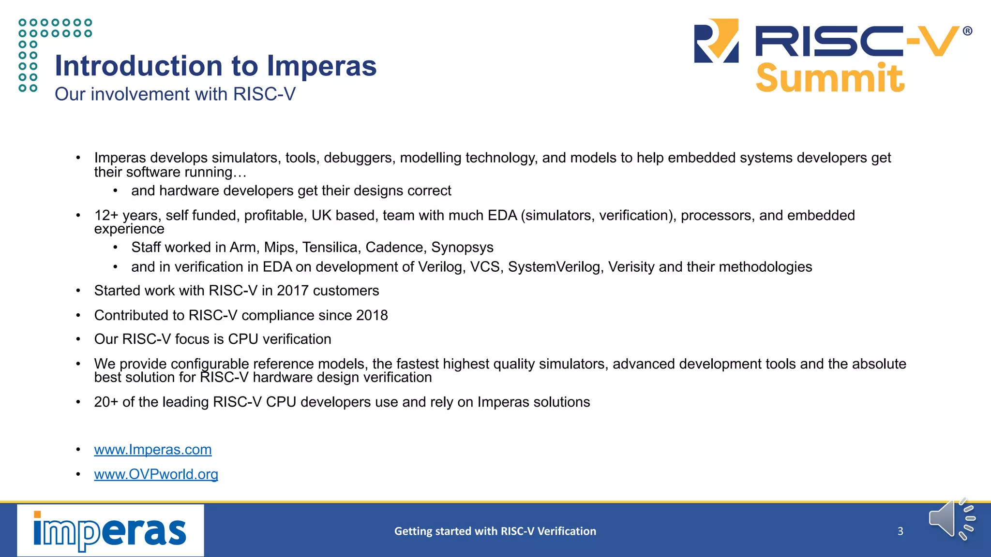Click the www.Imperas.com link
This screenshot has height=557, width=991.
pos(152,450)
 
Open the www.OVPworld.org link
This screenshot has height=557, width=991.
pos(156,474)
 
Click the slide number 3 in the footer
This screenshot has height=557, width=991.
pos(900,531)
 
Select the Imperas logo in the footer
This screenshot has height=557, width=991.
pos(110,530)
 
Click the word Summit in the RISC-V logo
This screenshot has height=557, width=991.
pos(829,78)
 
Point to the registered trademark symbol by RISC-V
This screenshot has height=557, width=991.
pos(967,31)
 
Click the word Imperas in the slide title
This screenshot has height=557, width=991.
pos(321,66)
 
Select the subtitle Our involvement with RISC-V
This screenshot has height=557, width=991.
pos(175,94)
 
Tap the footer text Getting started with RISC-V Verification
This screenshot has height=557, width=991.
pos(495,531)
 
